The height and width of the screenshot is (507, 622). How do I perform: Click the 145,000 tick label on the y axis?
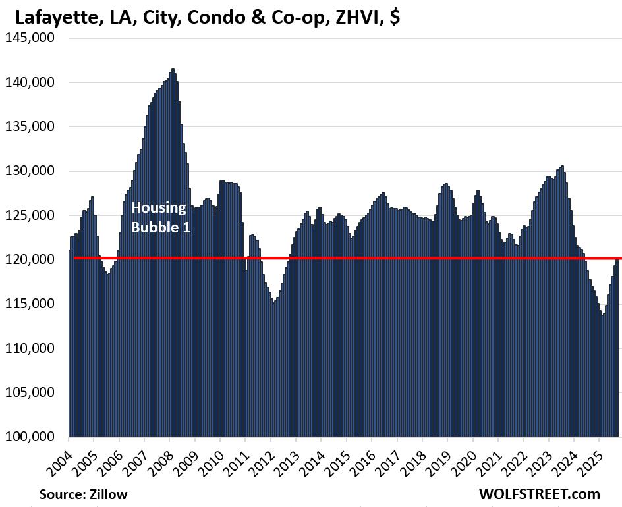34,38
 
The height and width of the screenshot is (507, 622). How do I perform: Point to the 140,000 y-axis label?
34,82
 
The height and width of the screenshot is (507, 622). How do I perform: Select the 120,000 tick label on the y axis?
34,259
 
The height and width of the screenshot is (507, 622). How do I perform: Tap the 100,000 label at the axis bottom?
34,437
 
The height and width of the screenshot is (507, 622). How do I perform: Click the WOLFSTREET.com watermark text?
540,494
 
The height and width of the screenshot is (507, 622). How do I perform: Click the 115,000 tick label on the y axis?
34,304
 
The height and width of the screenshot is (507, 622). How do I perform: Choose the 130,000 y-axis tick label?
34,171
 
